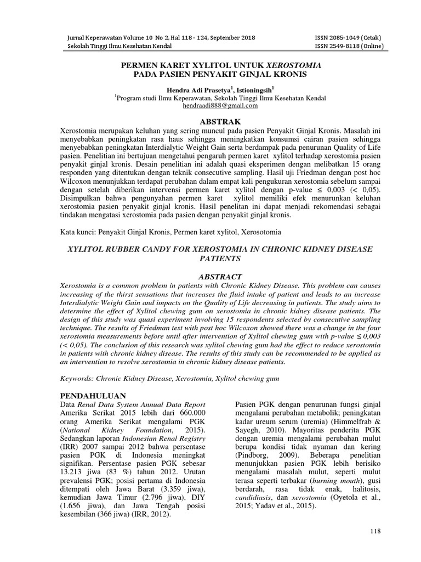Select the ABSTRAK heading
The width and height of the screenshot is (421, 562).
220,121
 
